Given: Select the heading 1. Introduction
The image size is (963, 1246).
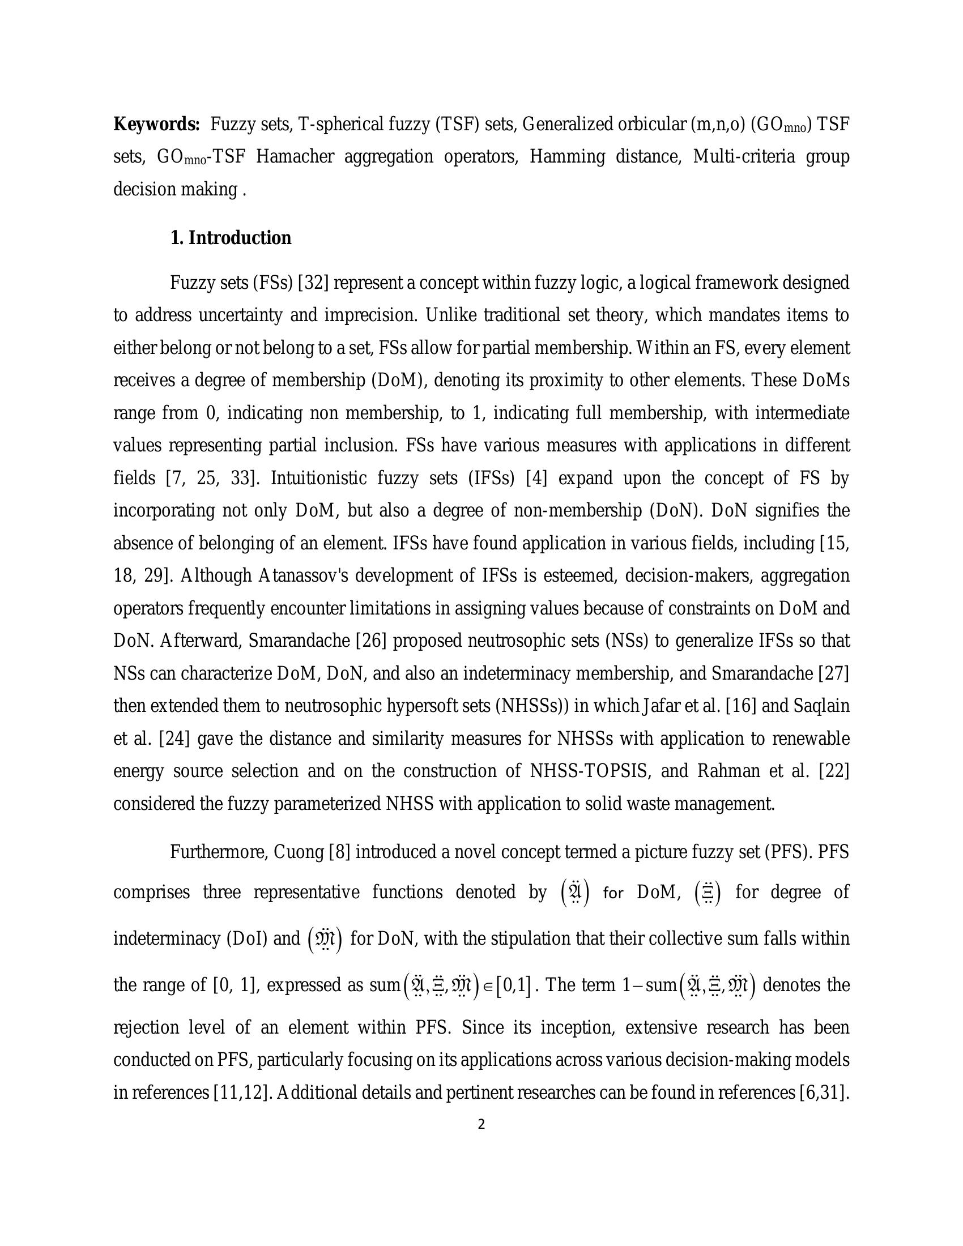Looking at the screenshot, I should (x=231, y=238).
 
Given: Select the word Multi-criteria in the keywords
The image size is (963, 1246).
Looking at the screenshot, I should (x=743, y=156).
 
